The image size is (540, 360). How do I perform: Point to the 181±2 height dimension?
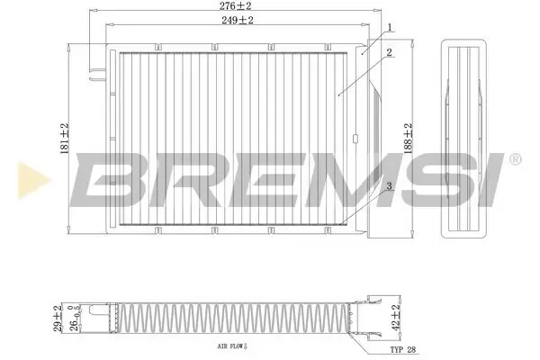click(x=64, y=139)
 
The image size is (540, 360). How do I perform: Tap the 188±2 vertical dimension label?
click(x=407, y=139)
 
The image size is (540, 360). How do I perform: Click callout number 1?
click(x=390, y=29)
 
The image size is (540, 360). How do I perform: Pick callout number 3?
click(x=388, y=186)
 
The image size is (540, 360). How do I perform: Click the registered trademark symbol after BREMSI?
click(x=514, y=160)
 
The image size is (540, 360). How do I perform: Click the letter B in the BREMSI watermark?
click(x=109, y=177)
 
